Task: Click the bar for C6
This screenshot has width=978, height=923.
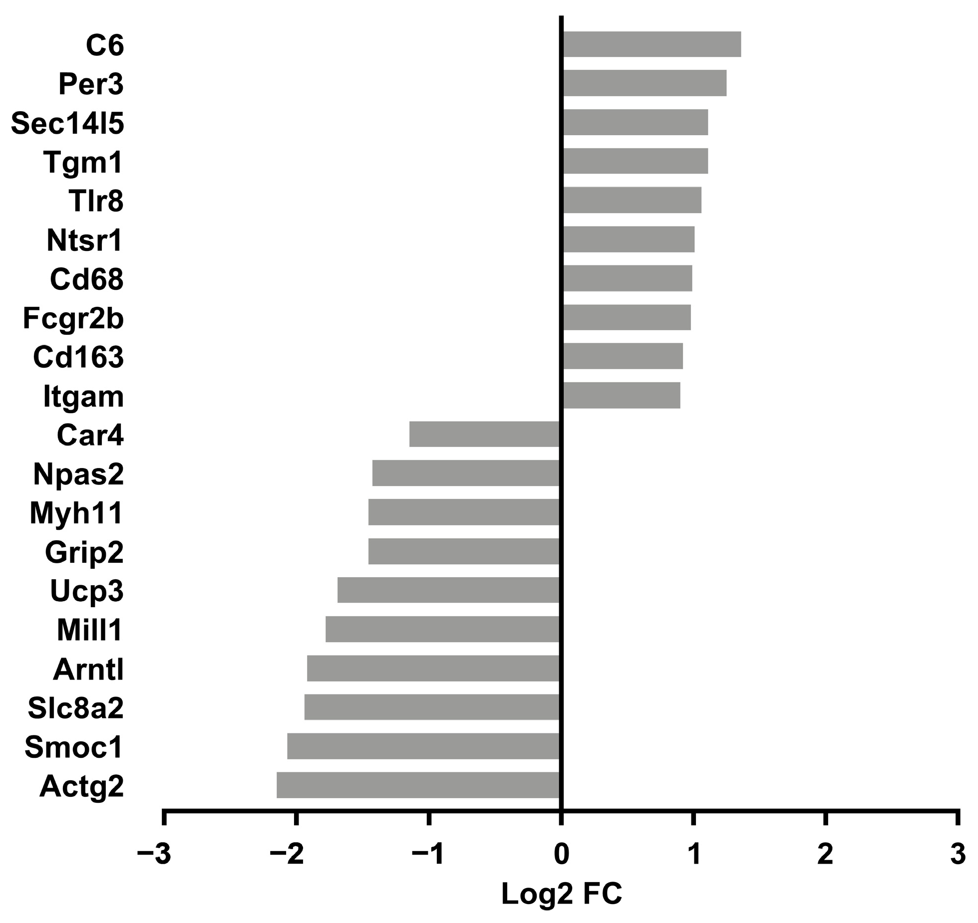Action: [x=652, y=44]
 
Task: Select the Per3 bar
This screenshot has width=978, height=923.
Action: [x=644, y=83]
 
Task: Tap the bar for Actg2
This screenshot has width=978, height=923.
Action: [x=418, y=785]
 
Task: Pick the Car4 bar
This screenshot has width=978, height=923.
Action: [x=484, y=434]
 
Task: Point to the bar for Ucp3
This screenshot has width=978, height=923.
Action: [x=448, y=590]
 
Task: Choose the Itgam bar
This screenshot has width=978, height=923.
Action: [x=621, y=395]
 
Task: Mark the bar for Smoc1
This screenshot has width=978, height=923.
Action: [x=423, y=746]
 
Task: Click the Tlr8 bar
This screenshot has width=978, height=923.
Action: [x=632, y=200]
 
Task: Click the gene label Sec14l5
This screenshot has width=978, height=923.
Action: [x=67, y=123]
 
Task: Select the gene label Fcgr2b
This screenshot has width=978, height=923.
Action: [x=73, y=318]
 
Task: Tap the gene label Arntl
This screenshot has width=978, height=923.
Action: [x=88, y=669]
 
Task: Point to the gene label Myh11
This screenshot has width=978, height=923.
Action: [x=76, y=513]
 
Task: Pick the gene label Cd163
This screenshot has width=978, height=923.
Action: [x=78, y=357]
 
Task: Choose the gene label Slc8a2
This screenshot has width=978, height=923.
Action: [x=75, y=708]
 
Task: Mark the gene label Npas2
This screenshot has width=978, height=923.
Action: [x=78, y=474]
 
